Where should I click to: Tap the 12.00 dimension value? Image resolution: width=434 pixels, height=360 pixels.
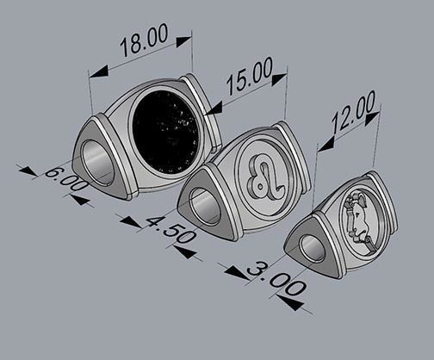pos(352,112)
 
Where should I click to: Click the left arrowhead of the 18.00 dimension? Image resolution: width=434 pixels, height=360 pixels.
pos(96,72)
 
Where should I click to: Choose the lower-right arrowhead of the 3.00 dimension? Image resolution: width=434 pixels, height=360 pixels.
pos(291,302)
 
